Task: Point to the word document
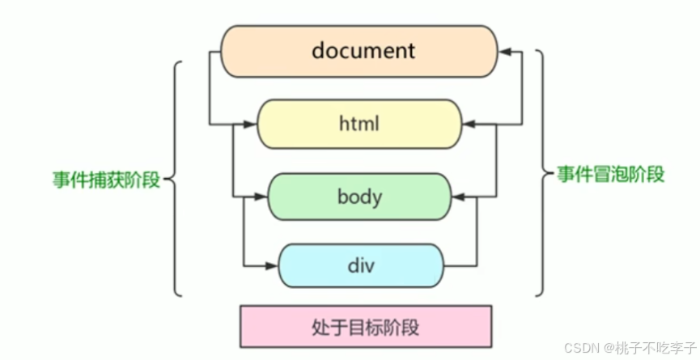pos(363,50)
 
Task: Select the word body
pos(359,197)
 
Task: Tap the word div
pos(361,265)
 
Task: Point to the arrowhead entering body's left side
pos(261,197)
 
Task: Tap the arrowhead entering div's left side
pos(272,265)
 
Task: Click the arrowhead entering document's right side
pos(504,51)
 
